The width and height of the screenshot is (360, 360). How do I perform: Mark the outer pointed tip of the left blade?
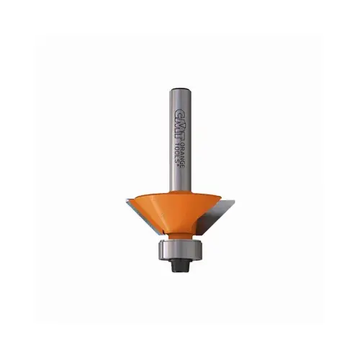[x=126, y=201]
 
